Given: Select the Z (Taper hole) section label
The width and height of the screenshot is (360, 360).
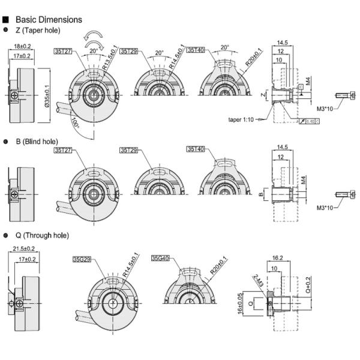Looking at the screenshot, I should click(38, 30).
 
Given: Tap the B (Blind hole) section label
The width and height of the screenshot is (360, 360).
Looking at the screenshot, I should click(37, 142).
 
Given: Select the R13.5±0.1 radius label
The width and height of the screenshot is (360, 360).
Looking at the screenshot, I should click(110, 58).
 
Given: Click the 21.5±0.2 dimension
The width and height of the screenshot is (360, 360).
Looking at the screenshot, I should click(23, 248).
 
